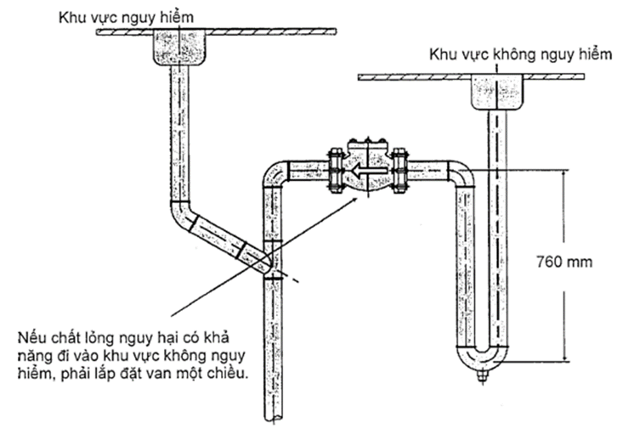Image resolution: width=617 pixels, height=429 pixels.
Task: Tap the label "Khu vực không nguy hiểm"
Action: coord(520,54)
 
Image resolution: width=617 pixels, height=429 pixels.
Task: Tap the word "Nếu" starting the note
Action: coord(29,337)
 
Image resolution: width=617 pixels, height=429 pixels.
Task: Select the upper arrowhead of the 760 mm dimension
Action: coord(565,174)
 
